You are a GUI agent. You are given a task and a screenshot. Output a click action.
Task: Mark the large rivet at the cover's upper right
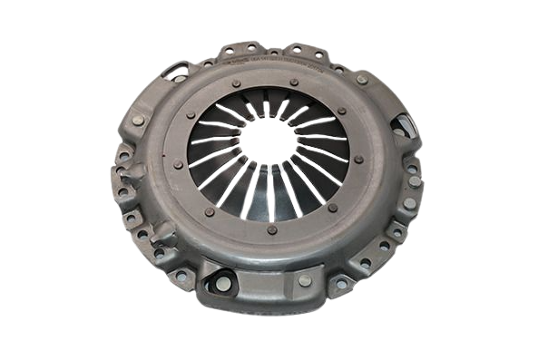pos(363,80)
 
